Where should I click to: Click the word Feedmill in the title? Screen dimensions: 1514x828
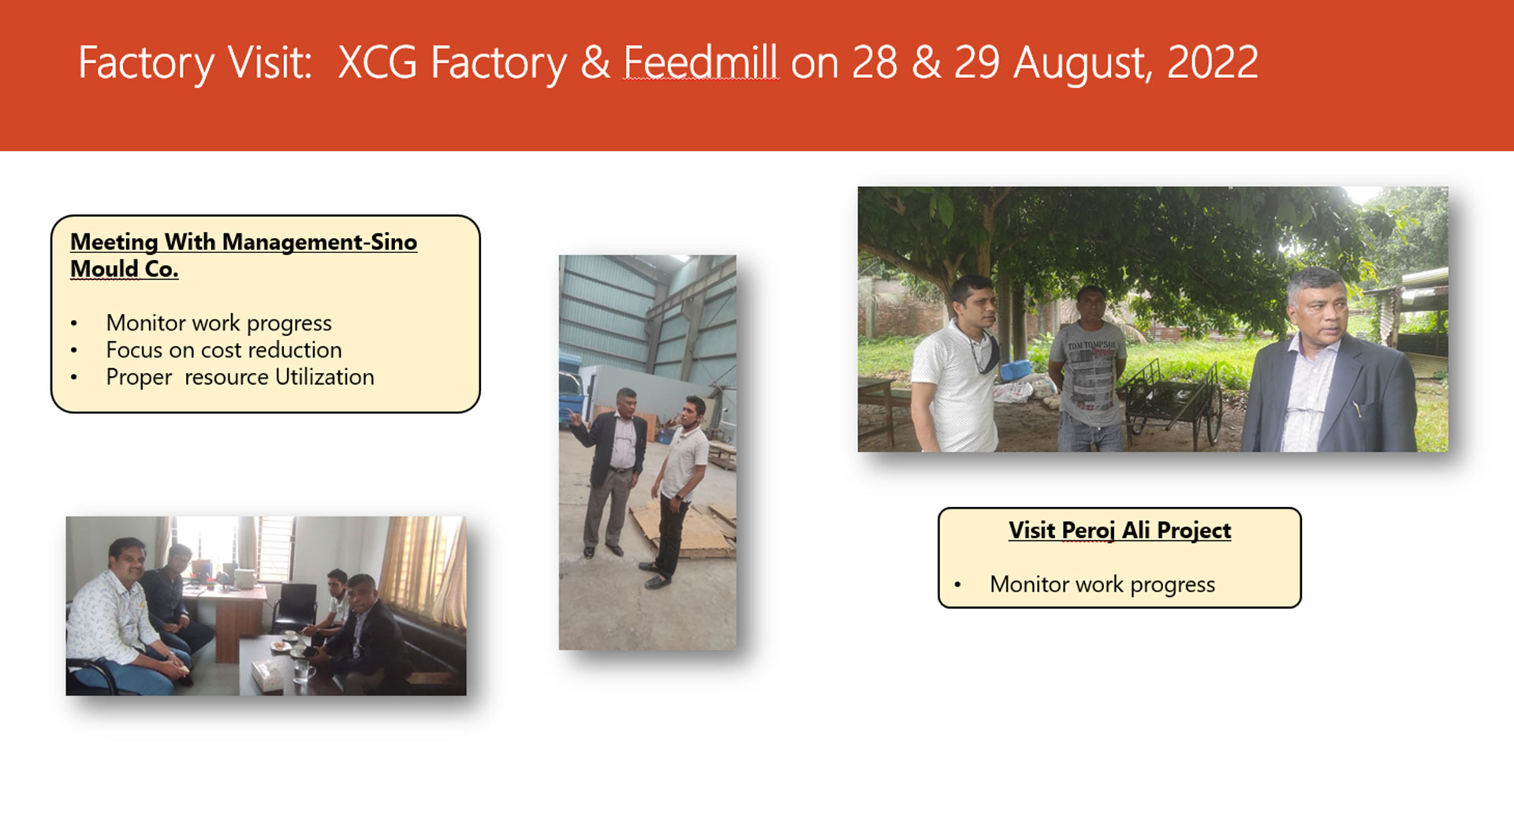click(701, 62)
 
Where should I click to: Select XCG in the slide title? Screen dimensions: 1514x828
click(378, 62)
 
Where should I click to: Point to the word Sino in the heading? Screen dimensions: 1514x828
click(393, 242)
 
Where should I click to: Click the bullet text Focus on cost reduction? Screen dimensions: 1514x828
click(224, 349)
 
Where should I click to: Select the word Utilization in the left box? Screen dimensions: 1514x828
click(324, 377)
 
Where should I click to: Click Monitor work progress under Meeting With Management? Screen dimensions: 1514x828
click(219, 323)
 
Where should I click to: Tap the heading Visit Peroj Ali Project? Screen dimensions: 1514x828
click(1120, 531)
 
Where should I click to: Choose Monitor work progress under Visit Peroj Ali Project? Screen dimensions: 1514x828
click(1102, 584)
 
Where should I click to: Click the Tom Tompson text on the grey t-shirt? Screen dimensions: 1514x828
click(1091, 345)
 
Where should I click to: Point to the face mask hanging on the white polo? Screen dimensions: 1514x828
click(986, 352)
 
